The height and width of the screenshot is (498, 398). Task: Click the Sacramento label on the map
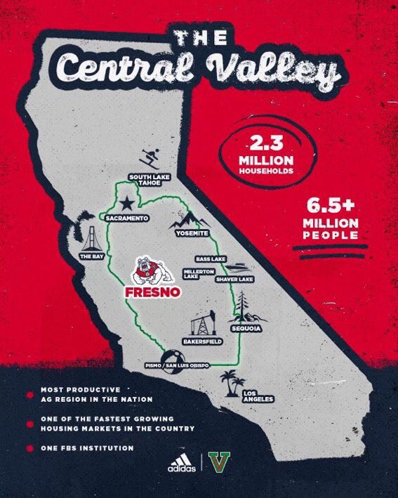(127, 219)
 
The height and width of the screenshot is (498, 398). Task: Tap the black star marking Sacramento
(126, 204)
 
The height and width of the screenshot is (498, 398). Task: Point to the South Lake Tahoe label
(146, 180)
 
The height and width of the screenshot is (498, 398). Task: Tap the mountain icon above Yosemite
(188, 218)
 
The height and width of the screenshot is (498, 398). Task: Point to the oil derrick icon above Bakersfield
(199, 322)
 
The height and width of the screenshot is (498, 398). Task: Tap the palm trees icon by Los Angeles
(229, 382)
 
